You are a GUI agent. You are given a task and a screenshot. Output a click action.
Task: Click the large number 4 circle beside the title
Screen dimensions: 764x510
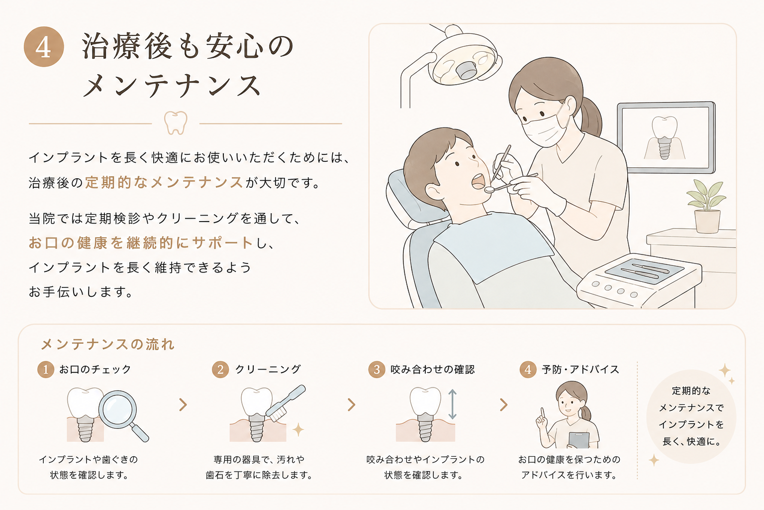(x=44, y=47)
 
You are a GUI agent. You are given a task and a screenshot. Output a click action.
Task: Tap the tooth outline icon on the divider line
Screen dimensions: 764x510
(x=176, y=123)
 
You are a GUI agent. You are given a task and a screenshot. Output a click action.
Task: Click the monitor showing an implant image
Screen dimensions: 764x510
(x=666, y=137)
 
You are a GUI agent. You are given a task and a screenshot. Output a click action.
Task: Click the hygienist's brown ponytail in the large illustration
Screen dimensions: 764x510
(x=590, y=118)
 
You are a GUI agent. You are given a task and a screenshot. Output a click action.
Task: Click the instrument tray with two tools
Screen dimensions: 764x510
(x=644, y=271)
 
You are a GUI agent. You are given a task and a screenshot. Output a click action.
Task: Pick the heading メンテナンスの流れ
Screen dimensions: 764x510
(x=108, y=344)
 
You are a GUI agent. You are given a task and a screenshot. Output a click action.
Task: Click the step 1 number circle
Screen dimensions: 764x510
(x=46, y=370)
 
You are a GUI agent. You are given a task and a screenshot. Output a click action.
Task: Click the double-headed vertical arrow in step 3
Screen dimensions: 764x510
(x=452, y=404)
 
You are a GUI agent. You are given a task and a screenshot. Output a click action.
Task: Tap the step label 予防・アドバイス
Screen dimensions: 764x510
(x=580, y=370)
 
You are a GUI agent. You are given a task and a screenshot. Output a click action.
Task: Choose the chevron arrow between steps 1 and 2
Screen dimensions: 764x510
(x=183, y=405)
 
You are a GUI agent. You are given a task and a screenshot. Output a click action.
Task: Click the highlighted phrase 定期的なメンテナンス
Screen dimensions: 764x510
(x=164, y=183)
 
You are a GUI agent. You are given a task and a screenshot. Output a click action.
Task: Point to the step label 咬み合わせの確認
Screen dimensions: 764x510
(x=432, y=370)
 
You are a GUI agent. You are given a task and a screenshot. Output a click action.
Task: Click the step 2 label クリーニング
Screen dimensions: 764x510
(x=268, y=370)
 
